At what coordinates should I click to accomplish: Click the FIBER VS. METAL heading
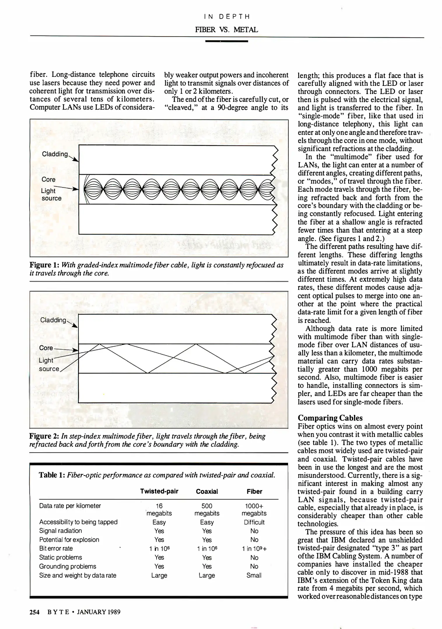click(227, 29)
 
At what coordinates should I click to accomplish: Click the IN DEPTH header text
click(227, 17)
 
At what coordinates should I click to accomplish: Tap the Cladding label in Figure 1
click(55, 154)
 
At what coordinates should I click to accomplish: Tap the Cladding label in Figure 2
click(53, 320)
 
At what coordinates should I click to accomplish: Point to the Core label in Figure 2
click(46, 348)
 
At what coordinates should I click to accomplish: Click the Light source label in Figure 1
click(51, 195)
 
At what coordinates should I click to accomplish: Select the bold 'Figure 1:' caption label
click(44, 265)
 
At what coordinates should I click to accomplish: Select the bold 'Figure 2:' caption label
click(44, 436)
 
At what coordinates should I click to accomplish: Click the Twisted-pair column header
click(159, 492)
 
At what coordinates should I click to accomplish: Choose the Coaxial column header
click(207, 492)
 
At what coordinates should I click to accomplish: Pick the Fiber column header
click(254, 492)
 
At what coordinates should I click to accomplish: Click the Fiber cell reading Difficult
click(254, 522)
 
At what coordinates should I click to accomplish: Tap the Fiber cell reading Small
click(254, 575)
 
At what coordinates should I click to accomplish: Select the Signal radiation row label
click(60, 531)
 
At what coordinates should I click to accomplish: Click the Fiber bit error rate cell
click(254, 549)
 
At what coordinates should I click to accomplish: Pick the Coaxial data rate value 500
click(207, 506)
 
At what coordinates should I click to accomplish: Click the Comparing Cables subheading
click(330, 418)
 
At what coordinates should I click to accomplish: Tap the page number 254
click(34, 612)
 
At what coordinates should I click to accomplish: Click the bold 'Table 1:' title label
click(52, 475)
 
